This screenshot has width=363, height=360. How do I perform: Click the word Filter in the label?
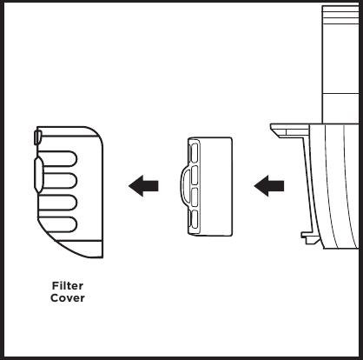(68, 286)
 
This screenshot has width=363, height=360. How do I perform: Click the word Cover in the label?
(68, 298)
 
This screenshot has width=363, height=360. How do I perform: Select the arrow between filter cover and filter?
(143, 186)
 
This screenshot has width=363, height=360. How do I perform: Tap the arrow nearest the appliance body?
(269, 186)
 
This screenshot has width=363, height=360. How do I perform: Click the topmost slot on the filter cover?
(57, 158)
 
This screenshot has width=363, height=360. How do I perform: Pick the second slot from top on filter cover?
(57, 181)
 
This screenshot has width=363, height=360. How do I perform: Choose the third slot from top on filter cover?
(57, 203)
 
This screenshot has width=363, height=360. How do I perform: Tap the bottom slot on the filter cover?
(57, 224)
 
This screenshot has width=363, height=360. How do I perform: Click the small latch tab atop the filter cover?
(38, 137)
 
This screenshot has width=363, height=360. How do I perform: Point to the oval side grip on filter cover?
(38, 175)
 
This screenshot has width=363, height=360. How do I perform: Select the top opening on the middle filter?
(195, 152)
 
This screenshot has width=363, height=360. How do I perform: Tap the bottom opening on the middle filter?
(195, 219)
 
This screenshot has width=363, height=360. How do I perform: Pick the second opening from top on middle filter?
(195, 175)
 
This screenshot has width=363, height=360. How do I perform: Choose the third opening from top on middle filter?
(195, 197)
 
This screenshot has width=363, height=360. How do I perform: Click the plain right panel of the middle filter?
(216, 186)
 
